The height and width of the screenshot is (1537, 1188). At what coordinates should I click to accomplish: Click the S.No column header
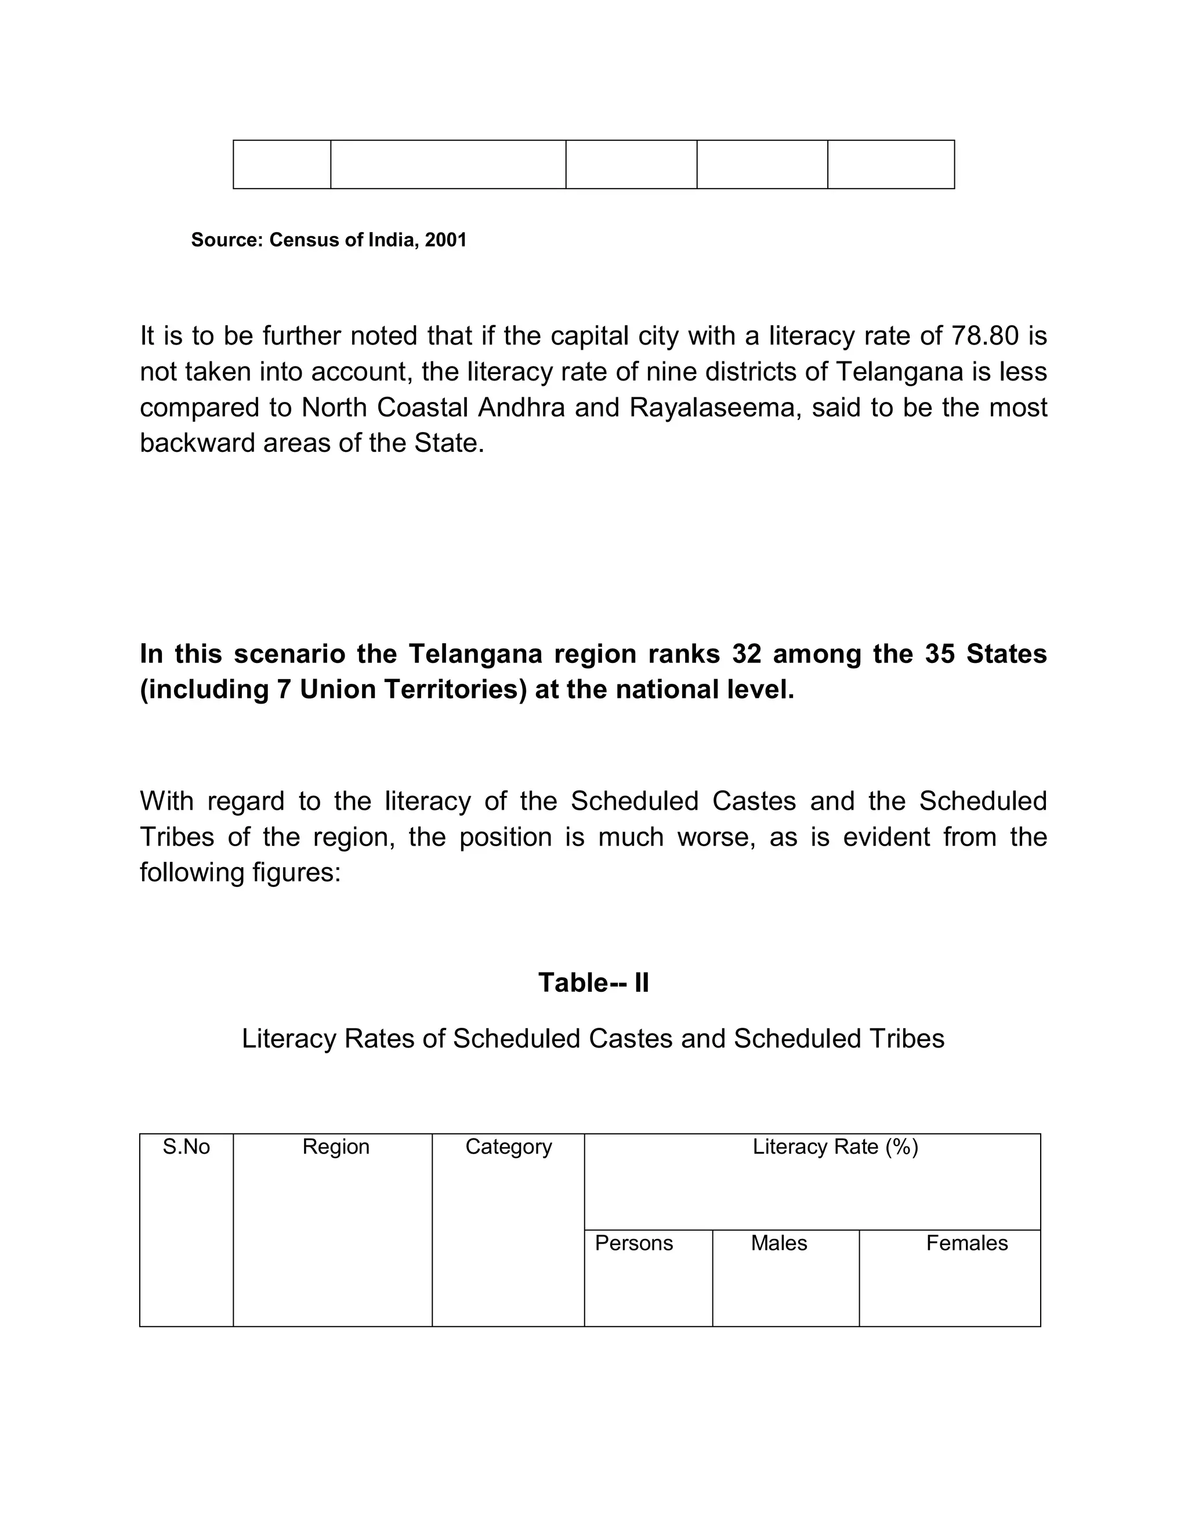click(x=187, y=1147)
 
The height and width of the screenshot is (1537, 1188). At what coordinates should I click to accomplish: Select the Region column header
click(x=336, y=1147)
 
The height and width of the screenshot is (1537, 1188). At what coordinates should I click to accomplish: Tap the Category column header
click(x=508, y=1147)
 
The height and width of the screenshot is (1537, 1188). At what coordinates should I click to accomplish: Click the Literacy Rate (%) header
click(x=835, y=1147)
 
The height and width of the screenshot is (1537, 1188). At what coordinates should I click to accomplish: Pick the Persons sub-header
click(x=633, y=1244)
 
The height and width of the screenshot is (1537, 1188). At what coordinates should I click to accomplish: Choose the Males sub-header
click(x=778, y=1244)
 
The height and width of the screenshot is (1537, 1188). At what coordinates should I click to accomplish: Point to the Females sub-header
click(x=966, y=1244)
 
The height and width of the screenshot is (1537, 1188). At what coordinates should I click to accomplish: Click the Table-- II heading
click(x=593, y=983)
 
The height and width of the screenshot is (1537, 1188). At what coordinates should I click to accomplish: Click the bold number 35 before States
click(x=940, y=654)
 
